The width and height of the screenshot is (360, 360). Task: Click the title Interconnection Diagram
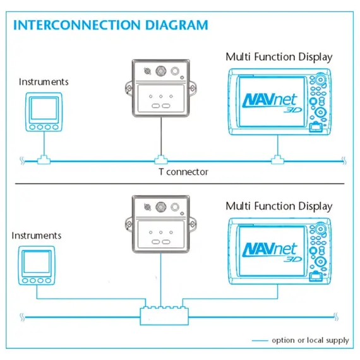(111, 25)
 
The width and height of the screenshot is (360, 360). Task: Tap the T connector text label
(183, 172)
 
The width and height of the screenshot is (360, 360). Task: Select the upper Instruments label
(44, 82)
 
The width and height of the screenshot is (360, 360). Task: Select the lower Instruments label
(37, 236)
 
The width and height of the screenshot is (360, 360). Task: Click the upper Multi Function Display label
(279, 57)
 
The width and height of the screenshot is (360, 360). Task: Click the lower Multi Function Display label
(279, 206)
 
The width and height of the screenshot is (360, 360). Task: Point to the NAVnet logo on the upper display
(272, 102)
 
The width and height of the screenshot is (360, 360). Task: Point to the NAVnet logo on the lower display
(272, 252)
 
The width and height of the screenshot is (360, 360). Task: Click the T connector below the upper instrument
(44, 160)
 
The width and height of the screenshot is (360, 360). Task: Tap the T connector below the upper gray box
(161, 160)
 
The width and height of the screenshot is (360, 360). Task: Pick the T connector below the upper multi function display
(277, 160)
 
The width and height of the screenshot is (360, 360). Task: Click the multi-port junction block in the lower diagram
(164, 315)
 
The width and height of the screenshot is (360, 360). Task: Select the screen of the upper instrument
(44, 109)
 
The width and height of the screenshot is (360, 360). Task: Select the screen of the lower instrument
(37, 262)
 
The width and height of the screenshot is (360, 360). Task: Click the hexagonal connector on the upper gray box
(161, 71)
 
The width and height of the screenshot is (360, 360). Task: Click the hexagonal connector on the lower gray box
(161, 207)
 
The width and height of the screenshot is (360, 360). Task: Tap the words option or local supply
(310, 340)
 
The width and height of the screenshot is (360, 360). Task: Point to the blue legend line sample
(260, 340)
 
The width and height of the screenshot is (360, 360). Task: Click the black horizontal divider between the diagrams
(180, 184)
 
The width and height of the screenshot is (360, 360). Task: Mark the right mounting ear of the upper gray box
(193, 88)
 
